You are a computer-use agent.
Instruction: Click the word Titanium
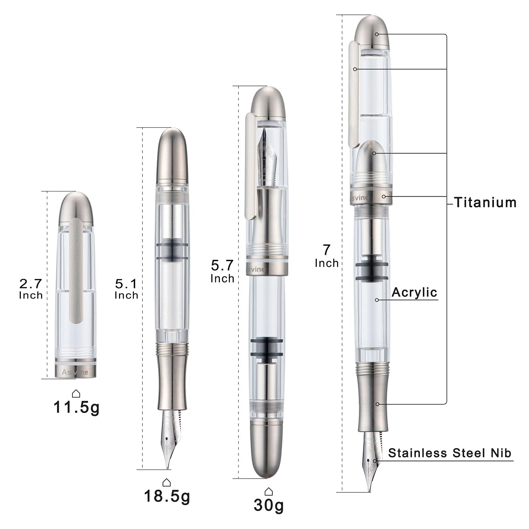[x=485, y=202]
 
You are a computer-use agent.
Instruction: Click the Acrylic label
[x=414, y=292]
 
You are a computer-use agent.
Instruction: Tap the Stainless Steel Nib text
[x=450, y=453]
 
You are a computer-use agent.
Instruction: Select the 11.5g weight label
[x=76, y=408]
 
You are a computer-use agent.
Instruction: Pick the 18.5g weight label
[x=167, y=496]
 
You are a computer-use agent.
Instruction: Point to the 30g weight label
[x=269, y=505]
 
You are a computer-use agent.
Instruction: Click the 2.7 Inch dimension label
[x=31, y=289]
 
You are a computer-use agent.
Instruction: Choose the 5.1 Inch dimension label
[x=126, y=289]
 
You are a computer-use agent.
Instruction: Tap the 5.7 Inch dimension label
[x=223, y=271]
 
